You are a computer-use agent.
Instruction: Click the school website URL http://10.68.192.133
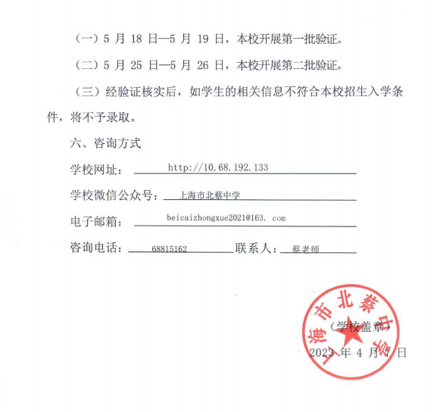[x=217, y=167]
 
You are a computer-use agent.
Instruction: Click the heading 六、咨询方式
[x=105, y=142]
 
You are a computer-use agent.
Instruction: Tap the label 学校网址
[x=94, y=169]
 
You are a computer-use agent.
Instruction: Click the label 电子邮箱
[x=94, y=221]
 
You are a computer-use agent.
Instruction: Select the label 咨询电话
[x=94, y=248]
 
